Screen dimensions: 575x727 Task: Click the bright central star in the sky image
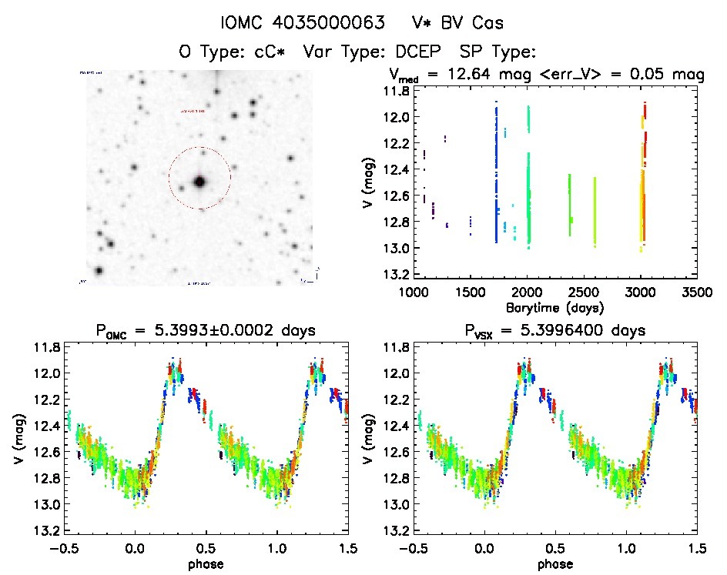click(x=199, y=182)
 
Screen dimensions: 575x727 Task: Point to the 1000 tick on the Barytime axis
click(x=414, y=293)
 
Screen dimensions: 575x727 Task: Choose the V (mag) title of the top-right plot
click(x=371, y=182)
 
